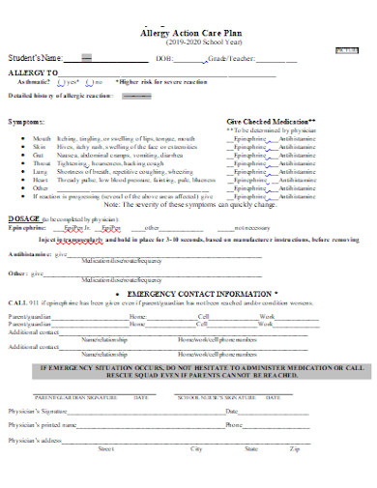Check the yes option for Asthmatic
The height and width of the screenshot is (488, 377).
(x=72, y=83)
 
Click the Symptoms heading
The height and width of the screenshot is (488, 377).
(x=27, y=123)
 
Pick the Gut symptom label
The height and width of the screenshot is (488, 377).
(x=38, y=155)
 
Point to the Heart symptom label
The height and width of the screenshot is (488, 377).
(x=40, y=179)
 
